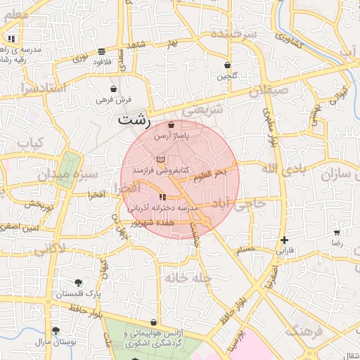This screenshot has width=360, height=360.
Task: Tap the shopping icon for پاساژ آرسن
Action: (171, 125)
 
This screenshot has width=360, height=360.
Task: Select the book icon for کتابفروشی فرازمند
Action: (160, 160)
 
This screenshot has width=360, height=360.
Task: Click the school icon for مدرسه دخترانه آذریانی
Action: (163, 198)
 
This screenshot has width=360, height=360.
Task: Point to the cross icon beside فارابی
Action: (284, 240)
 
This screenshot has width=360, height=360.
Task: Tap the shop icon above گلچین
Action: (227, 65)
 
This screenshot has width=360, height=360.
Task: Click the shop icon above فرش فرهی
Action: (114, 89)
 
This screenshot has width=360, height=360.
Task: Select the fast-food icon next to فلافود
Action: (103, 51)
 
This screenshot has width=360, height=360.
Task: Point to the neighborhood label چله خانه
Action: (189, 278)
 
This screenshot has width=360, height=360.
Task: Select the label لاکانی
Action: (49, 248)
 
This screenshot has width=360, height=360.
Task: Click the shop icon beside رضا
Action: (337, 231)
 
